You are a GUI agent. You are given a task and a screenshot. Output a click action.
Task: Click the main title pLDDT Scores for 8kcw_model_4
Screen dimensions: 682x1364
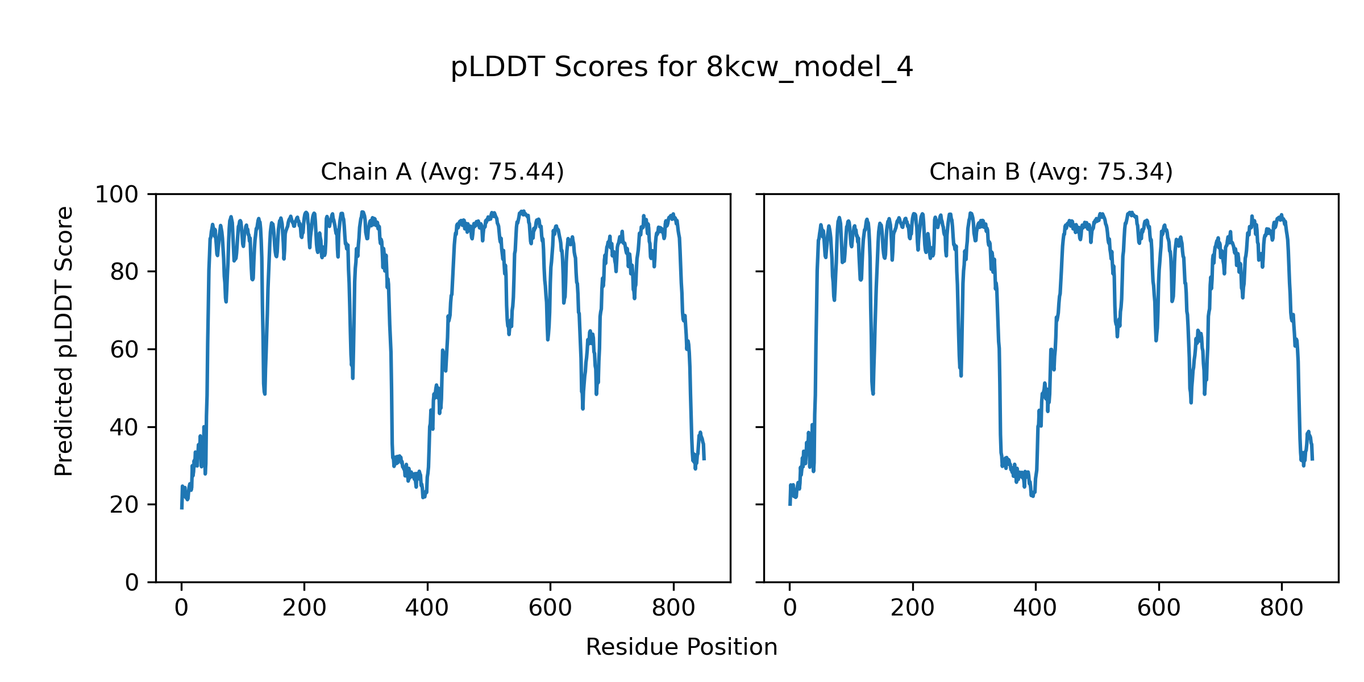(681, 68)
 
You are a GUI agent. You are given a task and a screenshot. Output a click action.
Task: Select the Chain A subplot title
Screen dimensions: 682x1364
(442, 172)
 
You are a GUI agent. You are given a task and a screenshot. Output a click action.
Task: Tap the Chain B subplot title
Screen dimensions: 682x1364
(1051, 172)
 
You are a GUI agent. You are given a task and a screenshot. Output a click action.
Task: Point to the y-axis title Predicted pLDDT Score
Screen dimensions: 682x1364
(64, 341)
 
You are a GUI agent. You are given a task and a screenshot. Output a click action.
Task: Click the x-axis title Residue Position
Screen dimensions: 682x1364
(681, 647)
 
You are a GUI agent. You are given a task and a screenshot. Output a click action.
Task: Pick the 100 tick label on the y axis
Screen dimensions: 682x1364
(117, 195)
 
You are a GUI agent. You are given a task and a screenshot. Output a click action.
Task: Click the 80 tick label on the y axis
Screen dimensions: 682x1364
(124, 272)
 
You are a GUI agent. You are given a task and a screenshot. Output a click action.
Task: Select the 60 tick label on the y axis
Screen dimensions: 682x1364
(124, 350)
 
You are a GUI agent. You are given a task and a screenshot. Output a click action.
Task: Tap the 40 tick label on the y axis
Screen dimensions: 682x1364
(124, 427)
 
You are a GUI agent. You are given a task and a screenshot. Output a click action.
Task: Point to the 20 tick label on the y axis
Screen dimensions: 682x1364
(124, 505)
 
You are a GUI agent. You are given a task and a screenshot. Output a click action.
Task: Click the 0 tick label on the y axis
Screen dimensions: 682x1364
(132, 583)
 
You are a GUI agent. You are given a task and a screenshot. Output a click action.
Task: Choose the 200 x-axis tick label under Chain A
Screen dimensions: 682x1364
(304, 608)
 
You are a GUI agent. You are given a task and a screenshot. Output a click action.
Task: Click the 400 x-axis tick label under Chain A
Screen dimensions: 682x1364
(427, 608)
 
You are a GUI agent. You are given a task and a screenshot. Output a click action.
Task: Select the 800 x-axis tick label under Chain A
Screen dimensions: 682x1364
(673, 608)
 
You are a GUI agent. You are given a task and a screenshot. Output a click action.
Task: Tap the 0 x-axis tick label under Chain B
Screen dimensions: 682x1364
(789, 608)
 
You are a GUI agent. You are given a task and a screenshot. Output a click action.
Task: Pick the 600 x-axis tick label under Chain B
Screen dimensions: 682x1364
(1159, 608)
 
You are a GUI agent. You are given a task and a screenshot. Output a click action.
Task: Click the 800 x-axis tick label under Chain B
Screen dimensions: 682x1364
(1282, 608)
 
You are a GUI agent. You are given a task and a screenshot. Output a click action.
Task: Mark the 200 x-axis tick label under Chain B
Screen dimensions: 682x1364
(913, 608)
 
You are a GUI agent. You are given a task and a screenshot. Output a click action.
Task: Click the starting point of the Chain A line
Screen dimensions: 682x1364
(181, 508)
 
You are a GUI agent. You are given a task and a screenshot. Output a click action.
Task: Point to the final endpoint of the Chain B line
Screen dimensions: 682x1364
(1312, 459)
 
